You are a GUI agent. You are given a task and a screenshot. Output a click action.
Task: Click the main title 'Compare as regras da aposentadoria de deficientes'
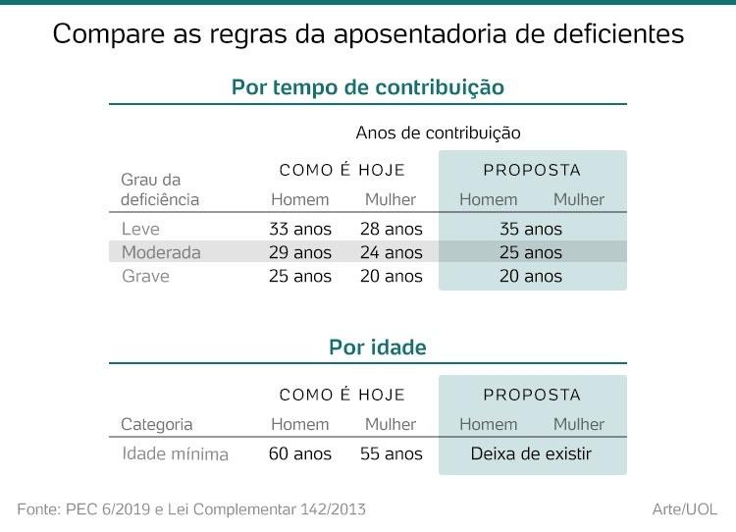[x=368, y=34]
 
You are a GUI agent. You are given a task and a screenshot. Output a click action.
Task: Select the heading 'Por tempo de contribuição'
[x=368, y=87]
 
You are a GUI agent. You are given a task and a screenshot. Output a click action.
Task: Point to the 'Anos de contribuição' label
[x=438, y=132]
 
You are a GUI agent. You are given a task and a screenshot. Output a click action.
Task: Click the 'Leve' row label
[x=140, y=229]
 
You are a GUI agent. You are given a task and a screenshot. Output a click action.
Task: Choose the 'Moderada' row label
[x=161, y=252]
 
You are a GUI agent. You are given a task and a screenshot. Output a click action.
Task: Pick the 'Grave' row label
[x=145, y=276]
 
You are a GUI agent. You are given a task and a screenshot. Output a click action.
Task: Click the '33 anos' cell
[x=300, y=229]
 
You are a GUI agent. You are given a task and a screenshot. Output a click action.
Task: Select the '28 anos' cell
[x=391, y=229]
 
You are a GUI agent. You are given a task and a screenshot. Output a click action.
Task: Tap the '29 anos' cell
[x=300, y=252]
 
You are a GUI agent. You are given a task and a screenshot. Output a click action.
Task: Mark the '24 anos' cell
[x=391, y=252]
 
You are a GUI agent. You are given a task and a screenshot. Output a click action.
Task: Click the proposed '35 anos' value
[x=531, y=229]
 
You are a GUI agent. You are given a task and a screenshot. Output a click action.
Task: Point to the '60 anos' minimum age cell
[x=300, y=454]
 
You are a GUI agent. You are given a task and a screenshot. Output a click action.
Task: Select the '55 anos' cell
[x=391, y=454]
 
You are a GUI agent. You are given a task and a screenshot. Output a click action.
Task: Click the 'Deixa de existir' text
[x=531, y=454]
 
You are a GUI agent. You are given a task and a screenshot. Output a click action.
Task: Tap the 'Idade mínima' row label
[x=175, y=454]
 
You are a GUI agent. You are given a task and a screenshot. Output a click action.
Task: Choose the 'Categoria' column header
[x=157, y=425]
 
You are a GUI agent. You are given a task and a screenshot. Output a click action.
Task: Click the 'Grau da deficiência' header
[x=160, y=189]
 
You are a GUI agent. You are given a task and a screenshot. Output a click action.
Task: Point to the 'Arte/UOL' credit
[x=685, y=509]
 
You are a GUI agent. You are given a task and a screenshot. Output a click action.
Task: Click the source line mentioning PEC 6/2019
[x=192, y=509]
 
